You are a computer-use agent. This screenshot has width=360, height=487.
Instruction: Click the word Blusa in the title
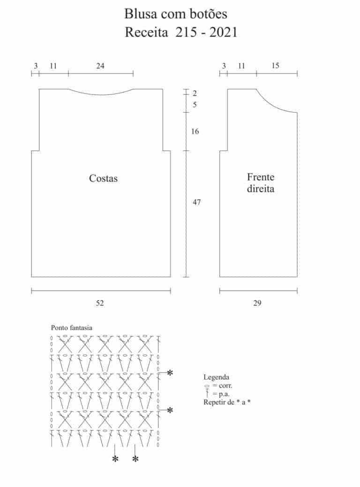pyautogui.click(x=138, y=14)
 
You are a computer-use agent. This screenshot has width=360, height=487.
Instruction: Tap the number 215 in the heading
pyautogui.click(x=186, y=32)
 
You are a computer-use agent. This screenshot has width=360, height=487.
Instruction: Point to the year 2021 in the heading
pyautogui.click(x=223, y=32)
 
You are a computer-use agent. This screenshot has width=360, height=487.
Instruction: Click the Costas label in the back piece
pyautogui.click(x=103, y=178)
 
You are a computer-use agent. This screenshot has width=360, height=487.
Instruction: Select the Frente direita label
pyautogui.click(x=261, y=183)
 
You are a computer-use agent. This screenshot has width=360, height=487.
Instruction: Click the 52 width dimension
pyautogui.click(x=100, y=303)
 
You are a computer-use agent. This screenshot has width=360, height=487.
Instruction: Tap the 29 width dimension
pyautogui.click(x=257, y=303)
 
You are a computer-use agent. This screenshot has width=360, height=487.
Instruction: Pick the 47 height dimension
pyautogui.click(x=196, y=202)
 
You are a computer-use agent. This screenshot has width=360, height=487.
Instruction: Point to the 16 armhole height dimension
pyautogui.click(x=195, y=131)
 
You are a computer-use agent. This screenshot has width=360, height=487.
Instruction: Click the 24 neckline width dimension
pyautogui.click(x=100, y=66)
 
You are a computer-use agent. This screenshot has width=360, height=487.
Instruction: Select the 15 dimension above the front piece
pyautogui.click(x=275, y=66)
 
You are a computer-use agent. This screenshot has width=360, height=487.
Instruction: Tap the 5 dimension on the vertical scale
pyautogui.click(x=195, y=105)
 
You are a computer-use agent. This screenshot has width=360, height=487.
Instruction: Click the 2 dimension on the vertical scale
pyautogui.click(x=195, y=93)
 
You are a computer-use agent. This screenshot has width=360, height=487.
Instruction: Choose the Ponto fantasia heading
pyautogui.click(x=71, y=327)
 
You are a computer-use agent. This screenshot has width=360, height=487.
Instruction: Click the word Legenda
pyautogui.click(x=216, y=377)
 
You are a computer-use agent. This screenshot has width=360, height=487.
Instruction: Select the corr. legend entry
pyautogui.click(x=218, y=386)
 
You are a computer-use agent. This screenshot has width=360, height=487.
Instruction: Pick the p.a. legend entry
pyautogui.click(x=218, y=394)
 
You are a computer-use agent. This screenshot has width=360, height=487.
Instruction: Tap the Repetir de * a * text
pyautogui.click(x=227, y=402)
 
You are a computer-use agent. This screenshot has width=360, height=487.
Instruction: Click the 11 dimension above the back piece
pyautogui.click(x=53, y=66)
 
